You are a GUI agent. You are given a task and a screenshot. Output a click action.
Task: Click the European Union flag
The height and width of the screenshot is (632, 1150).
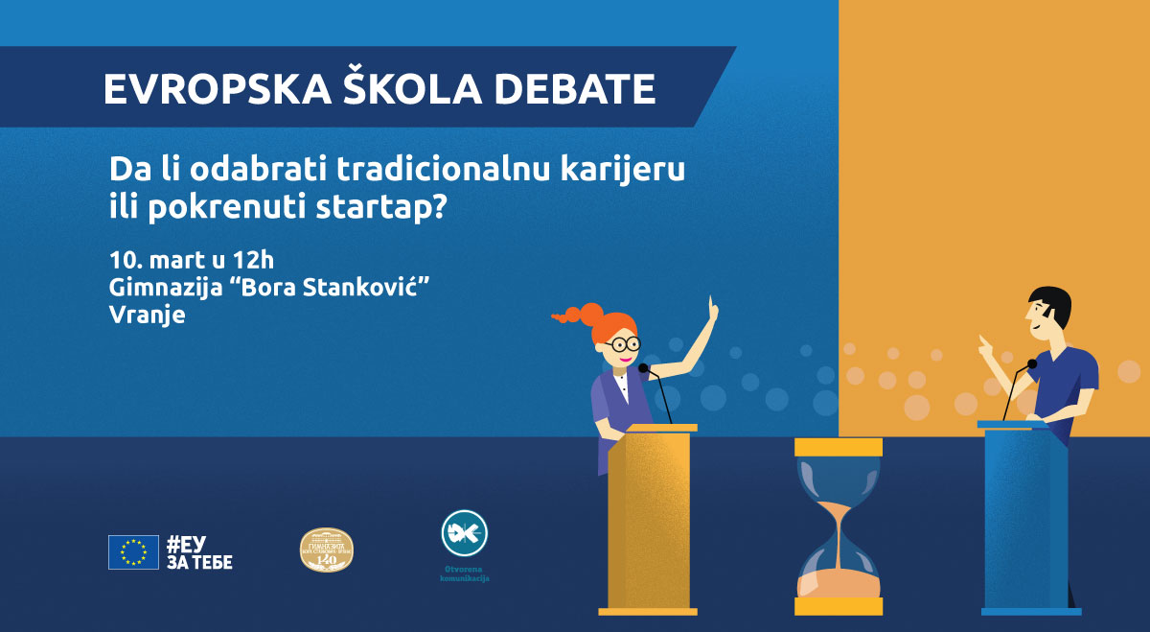[133, 552]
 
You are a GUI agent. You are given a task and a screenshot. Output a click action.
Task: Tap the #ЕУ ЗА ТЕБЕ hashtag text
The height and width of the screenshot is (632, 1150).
[199, 552]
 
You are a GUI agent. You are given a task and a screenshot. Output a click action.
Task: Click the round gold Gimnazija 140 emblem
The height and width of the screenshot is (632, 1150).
[327, 550]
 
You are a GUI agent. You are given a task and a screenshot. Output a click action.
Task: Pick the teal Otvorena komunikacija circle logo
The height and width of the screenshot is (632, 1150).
[464, 533]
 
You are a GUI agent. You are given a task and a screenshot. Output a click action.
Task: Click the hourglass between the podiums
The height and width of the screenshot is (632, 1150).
[839, 527]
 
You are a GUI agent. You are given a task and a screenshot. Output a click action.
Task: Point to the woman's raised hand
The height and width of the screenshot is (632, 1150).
[711, 309]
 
